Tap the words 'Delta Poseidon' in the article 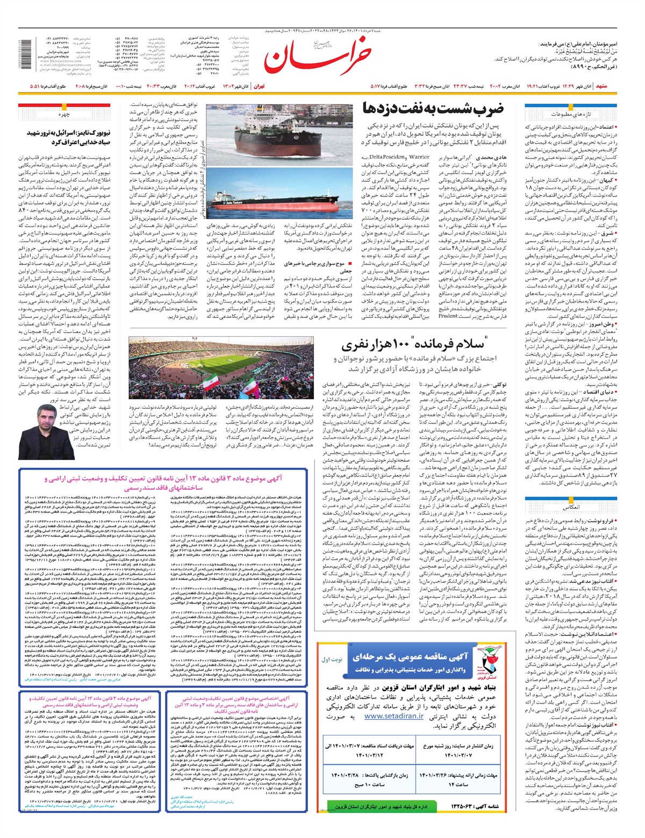[x=392, y=157]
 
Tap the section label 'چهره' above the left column [x=65, y=114]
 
